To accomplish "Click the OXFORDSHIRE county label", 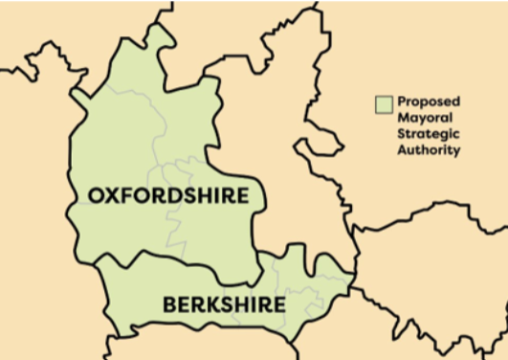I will (168, 195).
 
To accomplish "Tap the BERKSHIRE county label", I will (224, 305).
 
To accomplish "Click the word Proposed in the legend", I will (428, 101).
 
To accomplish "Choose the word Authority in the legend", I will (429, 150).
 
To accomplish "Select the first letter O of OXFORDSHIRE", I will (96, 195).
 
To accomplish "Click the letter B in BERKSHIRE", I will (169, 305).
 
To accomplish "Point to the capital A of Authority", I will (402, 150).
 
